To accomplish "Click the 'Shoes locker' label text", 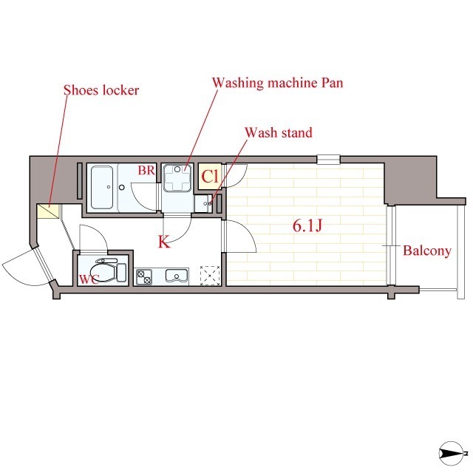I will pos(101,91).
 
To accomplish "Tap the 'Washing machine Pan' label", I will pos(277,83).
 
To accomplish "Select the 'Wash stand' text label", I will pos(279,133).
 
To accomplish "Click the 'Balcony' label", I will pos(426,251).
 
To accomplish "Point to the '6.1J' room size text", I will pos(307,226).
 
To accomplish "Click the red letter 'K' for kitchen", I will pos(164,242).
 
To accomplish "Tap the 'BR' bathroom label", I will pos(146,171).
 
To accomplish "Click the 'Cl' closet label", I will pos(209,177).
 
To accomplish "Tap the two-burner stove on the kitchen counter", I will pos(143,277).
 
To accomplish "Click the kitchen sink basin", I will pos(177,277).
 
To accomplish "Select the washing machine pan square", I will pos(177,177).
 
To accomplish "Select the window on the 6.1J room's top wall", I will pos(329,158).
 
